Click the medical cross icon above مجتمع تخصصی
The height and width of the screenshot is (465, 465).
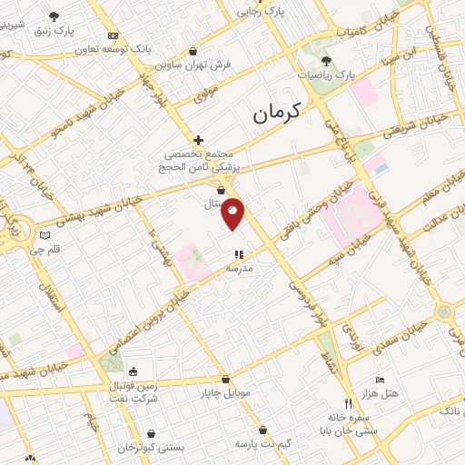(197, 140)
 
